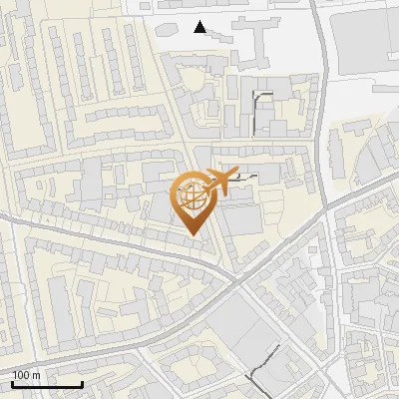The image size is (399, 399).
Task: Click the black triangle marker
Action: [x=200, y=27]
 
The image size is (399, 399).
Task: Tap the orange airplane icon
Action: [x=221, y=181]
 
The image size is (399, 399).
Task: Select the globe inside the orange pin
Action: [x=194, y=196]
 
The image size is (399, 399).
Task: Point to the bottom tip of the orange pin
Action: [x=194, y=235]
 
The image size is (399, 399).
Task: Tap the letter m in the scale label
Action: [x=37, y=375]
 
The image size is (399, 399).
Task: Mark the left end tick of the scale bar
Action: [x=12, y=383]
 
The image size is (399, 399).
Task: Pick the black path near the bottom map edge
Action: [x=261, y=369]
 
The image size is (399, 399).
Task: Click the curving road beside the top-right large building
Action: [x=321, y=60]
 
